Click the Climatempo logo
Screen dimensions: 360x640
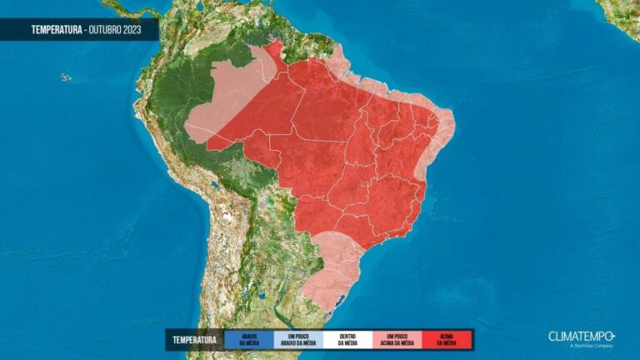(x=582, y=335)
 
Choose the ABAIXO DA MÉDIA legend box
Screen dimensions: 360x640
(x=248, y=340)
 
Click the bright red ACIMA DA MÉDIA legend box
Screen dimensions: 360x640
(x=447, y=340)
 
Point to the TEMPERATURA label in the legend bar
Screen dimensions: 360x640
(x=193, y=340)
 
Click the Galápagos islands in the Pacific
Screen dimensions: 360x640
(x=65, y=78)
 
